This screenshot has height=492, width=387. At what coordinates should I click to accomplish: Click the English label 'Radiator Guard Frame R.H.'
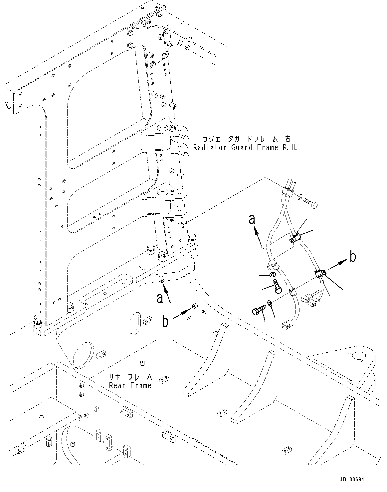(245, 147)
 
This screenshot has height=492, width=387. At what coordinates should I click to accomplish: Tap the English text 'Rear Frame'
(130, 385)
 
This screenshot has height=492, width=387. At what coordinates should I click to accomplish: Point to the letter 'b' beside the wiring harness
(353, 257)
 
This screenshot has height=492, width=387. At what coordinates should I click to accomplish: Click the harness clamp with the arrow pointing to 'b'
(320, 274)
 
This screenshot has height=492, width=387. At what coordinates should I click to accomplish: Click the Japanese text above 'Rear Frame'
(130, 377)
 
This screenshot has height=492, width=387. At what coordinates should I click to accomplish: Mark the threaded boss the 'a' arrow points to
(162, 281)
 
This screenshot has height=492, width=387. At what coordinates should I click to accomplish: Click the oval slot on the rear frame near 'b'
(134, 322)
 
